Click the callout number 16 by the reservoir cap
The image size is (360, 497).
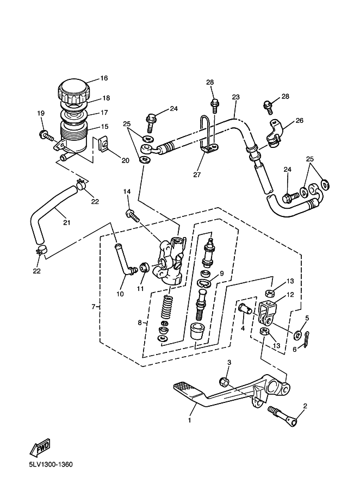pyautogui.click(x=104, y=78)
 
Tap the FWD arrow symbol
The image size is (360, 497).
pyautogui.click(x=40, y=448)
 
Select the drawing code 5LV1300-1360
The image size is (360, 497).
pyautogui.click(x=51, y=465)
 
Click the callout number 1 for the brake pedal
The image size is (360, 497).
pyautogui.click(x=190, y=420)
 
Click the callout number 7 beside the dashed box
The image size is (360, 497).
pyautogui.click(x=94, y=307)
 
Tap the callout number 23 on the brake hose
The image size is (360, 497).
pyautogui.click(x=235, y=97)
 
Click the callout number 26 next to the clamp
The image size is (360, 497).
pyautogui.click(x=299, y=121)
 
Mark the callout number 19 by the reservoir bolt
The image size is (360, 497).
pyautogui.click(x=40, y=113)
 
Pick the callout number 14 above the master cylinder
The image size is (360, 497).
pyautogui.click(x=127, y=191)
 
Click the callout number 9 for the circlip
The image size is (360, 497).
pyautogui.click(x=222, y=273)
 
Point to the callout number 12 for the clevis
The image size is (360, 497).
pyautogui.click(x=290, y=295)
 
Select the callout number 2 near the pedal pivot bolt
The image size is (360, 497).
pyautogui.click(x=305, y=406)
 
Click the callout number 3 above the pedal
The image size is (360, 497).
pyautogui.click(x=229, y=362)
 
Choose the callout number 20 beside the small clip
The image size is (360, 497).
pyautogui.click(x=125, y=160)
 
